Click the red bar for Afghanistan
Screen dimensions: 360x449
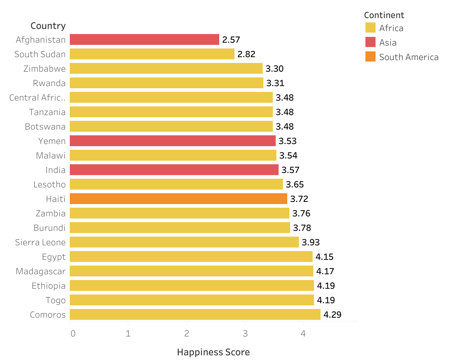[144, 39]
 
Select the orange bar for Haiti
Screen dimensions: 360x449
[178, 199]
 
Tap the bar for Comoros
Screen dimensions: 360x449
[195, 314]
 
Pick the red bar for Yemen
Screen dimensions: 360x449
[173, 141]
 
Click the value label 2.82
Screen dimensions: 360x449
[246, 54]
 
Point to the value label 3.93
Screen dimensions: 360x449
[311, 242]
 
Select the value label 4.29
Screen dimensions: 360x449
[332, 315]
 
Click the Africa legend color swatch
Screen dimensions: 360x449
[370, 28]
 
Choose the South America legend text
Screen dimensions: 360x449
[408, 57]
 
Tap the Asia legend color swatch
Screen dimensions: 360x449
[370, 42]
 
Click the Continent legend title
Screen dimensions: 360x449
[384, 15]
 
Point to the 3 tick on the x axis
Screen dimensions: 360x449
[245, 333]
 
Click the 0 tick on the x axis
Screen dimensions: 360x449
[73, 333]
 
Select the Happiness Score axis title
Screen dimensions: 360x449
[213, 352]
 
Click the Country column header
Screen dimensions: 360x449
[48, 26]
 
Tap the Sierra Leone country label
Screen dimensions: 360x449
[40, 242]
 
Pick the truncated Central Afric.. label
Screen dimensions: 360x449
[38, 98]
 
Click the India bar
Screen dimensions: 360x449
[174, 170]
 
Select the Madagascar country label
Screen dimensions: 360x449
[41, 271]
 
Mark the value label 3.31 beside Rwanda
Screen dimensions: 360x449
[275, 83]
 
